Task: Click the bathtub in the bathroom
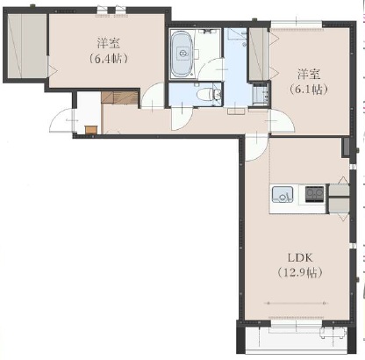click(x=182, y=54)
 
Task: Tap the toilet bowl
click(x=206, y=95)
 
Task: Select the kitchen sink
click(x=283, y=194)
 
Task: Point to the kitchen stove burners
click(x=314, y=194)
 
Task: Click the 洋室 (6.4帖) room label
click(x=108, y=51)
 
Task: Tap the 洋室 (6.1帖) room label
click(x=309, y=82)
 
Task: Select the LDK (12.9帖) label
click(x=300, y=265)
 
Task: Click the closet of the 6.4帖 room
click(x=27, y=46)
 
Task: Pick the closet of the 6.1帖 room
click(x=259, y=54)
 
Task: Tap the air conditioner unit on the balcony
click(x=333, y=333)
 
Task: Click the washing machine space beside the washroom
click(x=261, y=93)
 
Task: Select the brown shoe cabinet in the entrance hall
click(x=119, y=97)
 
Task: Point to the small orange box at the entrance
click(x=91, y=130)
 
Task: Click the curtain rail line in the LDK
click(x=296, y=303)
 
